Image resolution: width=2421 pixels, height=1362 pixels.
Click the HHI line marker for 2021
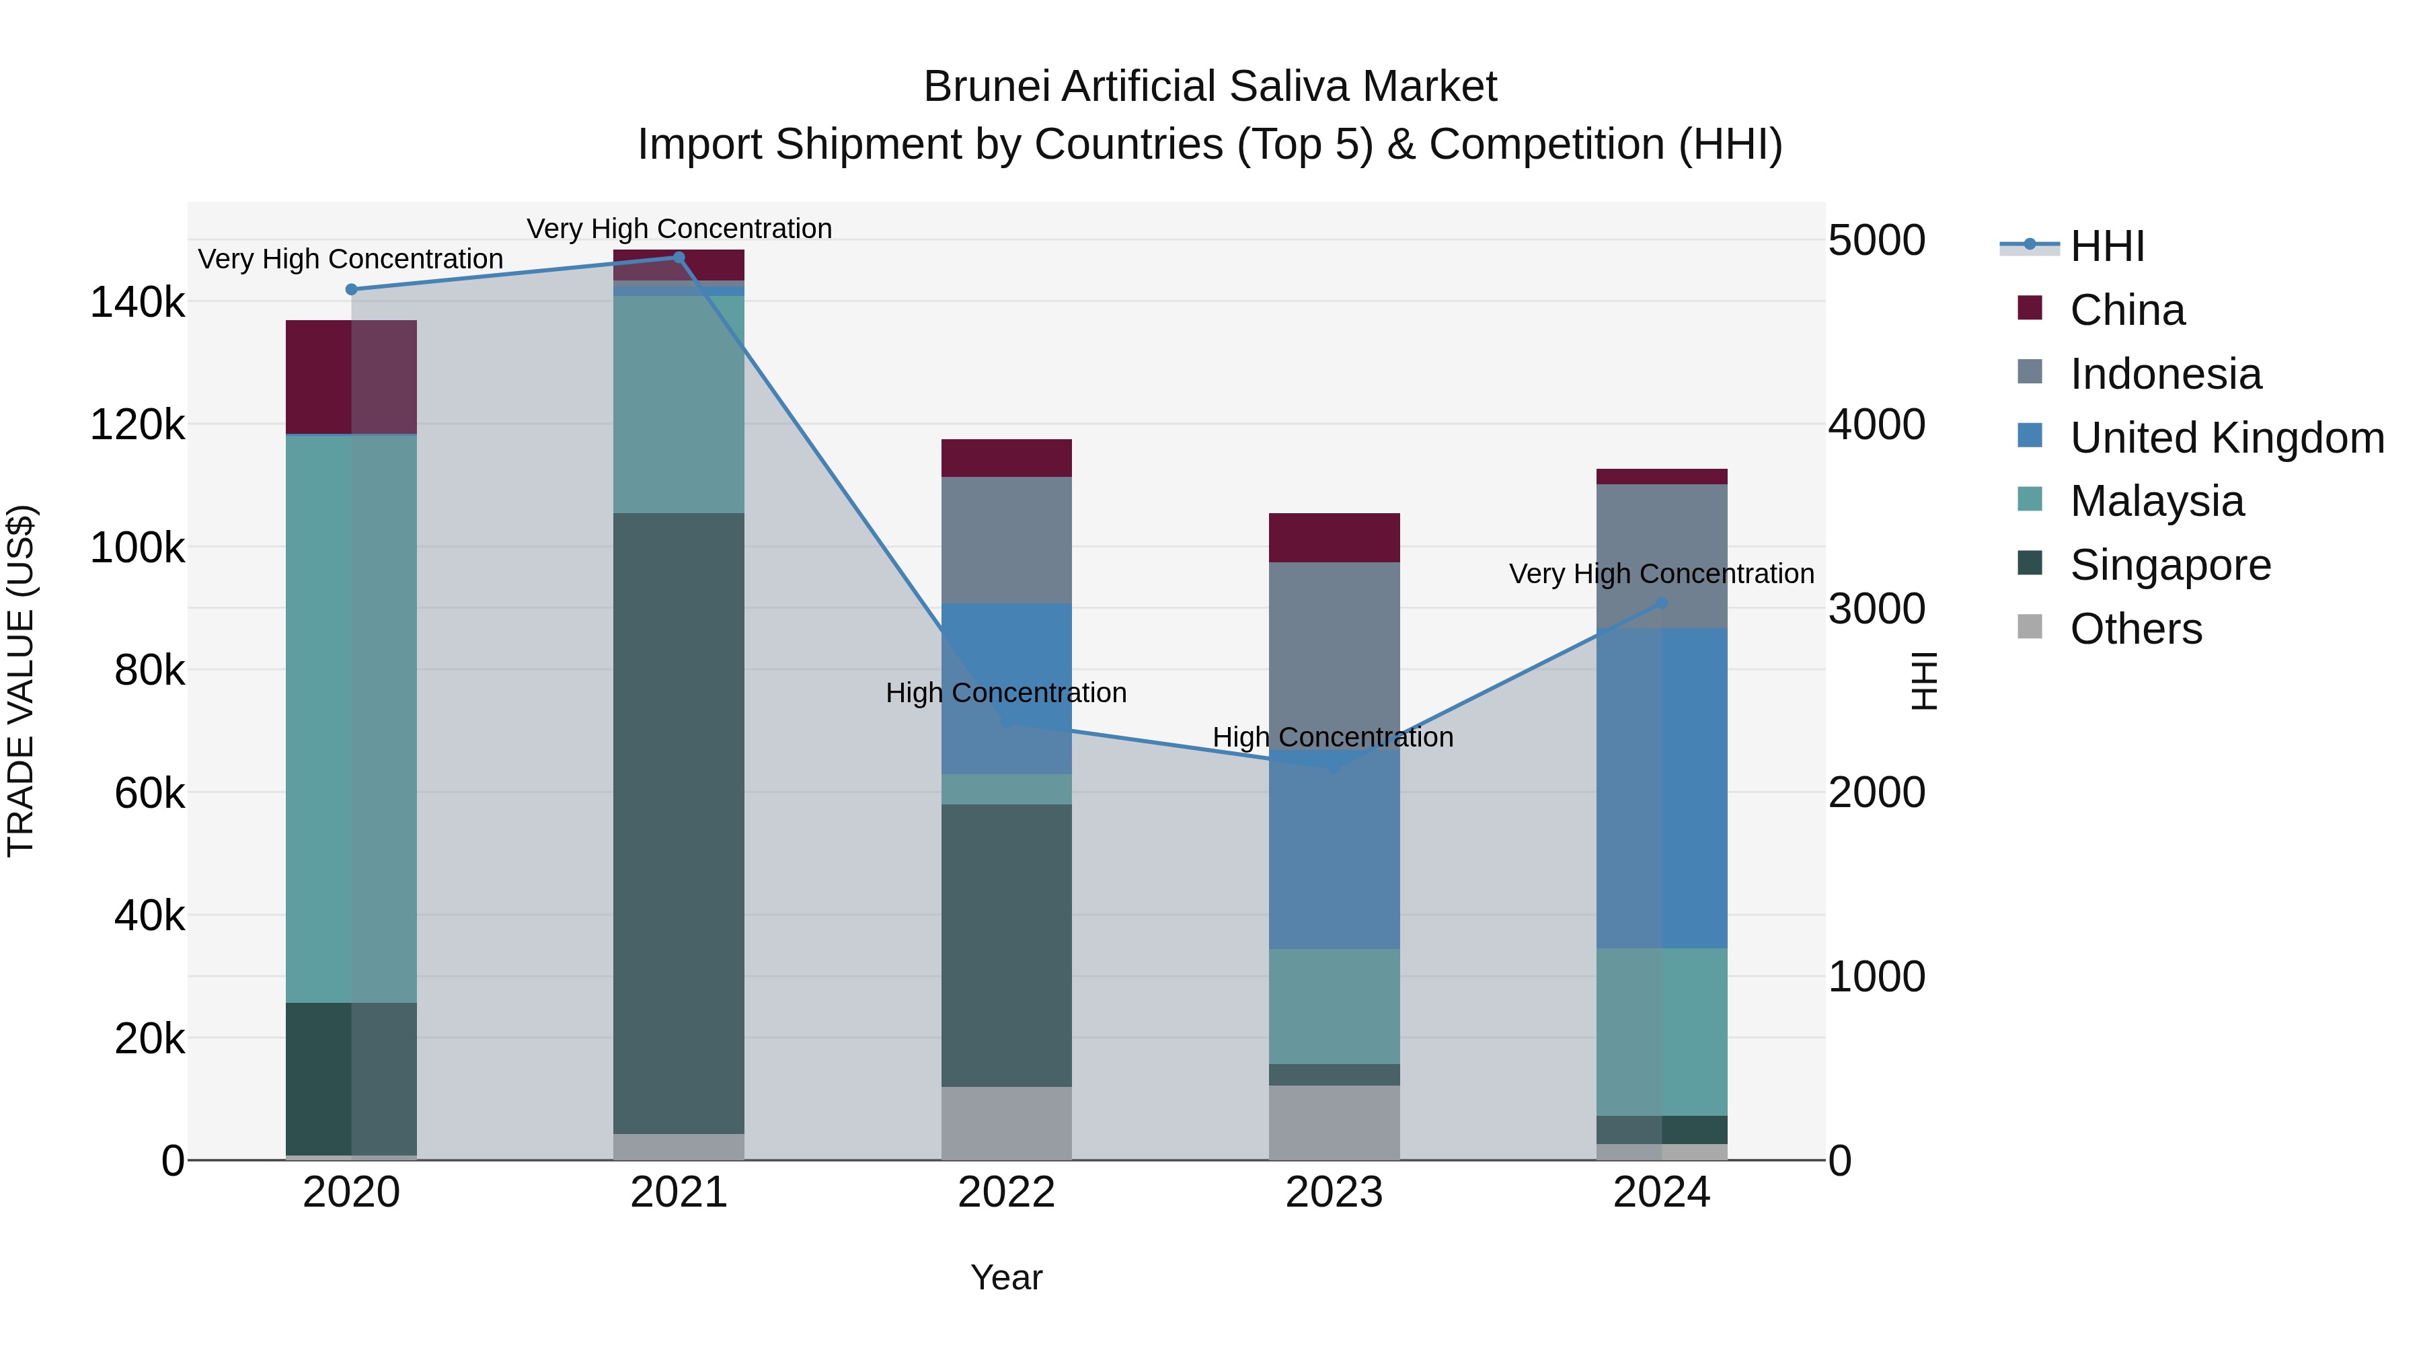pos(679,257)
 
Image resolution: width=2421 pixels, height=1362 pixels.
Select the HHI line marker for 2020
pos(352,289)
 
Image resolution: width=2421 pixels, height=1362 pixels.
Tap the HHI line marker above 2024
pos(1662,603)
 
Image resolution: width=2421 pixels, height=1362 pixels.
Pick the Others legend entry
pos(2135,629)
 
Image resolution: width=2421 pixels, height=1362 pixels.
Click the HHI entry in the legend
pos(2106,246)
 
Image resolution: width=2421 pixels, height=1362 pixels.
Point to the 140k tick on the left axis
pos(137,303)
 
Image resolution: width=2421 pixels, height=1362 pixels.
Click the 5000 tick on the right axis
pos(1876,241)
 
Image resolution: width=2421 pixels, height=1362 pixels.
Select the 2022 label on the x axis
pos(1005,1193)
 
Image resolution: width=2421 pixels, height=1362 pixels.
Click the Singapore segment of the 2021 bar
pos(679,823)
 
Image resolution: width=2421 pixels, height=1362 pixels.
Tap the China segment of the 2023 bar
pos(1334,537)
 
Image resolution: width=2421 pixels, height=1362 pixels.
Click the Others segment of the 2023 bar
pos(1334,1123)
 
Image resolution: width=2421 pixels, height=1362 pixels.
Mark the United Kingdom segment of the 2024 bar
pos(1662,788)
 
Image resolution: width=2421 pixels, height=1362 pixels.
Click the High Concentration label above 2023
pos(1333,737)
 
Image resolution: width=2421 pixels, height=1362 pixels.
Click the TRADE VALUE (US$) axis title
pos(21,681)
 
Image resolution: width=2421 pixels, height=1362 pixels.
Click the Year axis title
pos(1005,1277)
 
